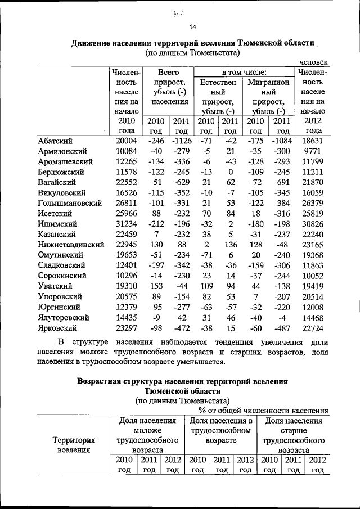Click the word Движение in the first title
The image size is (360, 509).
click(95, 43)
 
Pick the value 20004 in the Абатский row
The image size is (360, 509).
click(127, 141)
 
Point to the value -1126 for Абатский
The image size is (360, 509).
click(181, 141)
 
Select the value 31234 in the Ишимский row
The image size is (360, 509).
click(127, 224)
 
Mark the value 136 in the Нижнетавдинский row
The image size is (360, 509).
click(230, 245)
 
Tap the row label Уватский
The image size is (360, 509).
click(57, 286)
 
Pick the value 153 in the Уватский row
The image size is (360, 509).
click(156, 286)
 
